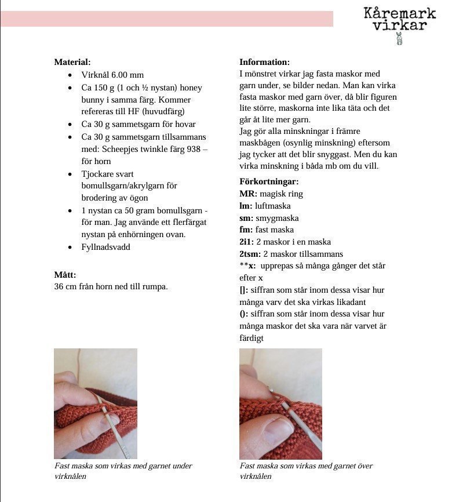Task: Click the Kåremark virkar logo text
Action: [399, 19]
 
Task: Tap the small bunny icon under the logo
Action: [399, 39]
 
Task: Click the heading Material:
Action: [72, 62]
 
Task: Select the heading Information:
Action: [265, 62]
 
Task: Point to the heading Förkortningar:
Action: [269, 181]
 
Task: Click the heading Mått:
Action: [65, 275]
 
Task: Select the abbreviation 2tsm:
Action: [250, 254]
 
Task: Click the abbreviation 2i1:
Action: [247, 242]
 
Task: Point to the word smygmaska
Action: [277, 218]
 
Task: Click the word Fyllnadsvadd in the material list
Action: [106, 247]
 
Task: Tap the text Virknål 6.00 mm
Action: [112, 75]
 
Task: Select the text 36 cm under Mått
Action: [64, 286]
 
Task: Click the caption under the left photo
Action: [123, 471]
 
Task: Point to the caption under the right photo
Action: [306, 471]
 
